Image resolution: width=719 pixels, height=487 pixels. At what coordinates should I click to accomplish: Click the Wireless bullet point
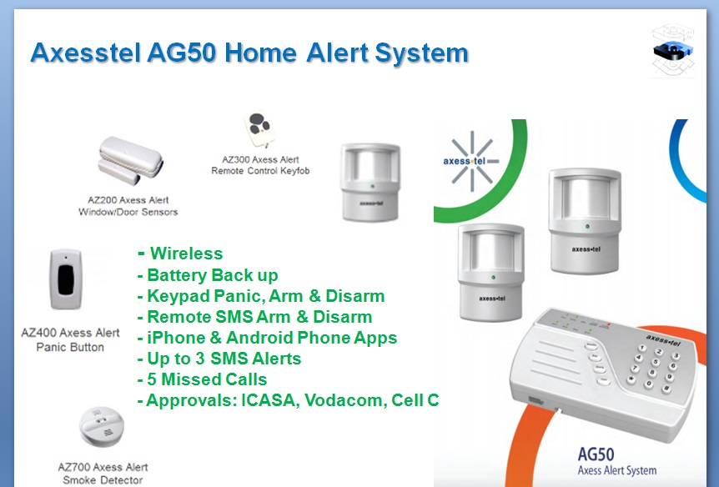coord(186,254)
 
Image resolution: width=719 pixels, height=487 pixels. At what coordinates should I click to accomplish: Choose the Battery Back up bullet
coord(212,275)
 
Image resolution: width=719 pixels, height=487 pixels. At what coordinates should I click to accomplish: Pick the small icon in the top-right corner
coord(672,51)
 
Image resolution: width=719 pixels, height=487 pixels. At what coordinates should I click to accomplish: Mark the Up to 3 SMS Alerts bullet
coord(224,359)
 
